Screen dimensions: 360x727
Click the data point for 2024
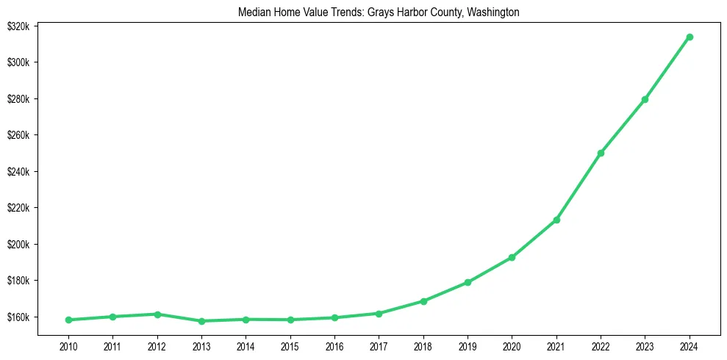690,37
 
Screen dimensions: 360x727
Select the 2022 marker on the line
601,153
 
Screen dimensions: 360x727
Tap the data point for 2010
68,320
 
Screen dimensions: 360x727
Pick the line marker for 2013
201,321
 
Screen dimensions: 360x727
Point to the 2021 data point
556,220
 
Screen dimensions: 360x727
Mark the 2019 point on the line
468,282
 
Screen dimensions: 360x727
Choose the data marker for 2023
645,99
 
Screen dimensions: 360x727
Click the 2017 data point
379,314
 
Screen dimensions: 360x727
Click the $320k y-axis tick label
18,26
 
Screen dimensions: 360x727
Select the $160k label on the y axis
18,317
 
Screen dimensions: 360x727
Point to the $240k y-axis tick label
18,172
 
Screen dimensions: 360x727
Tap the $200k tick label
18,245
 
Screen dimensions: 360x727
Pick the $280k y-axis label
18,99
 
